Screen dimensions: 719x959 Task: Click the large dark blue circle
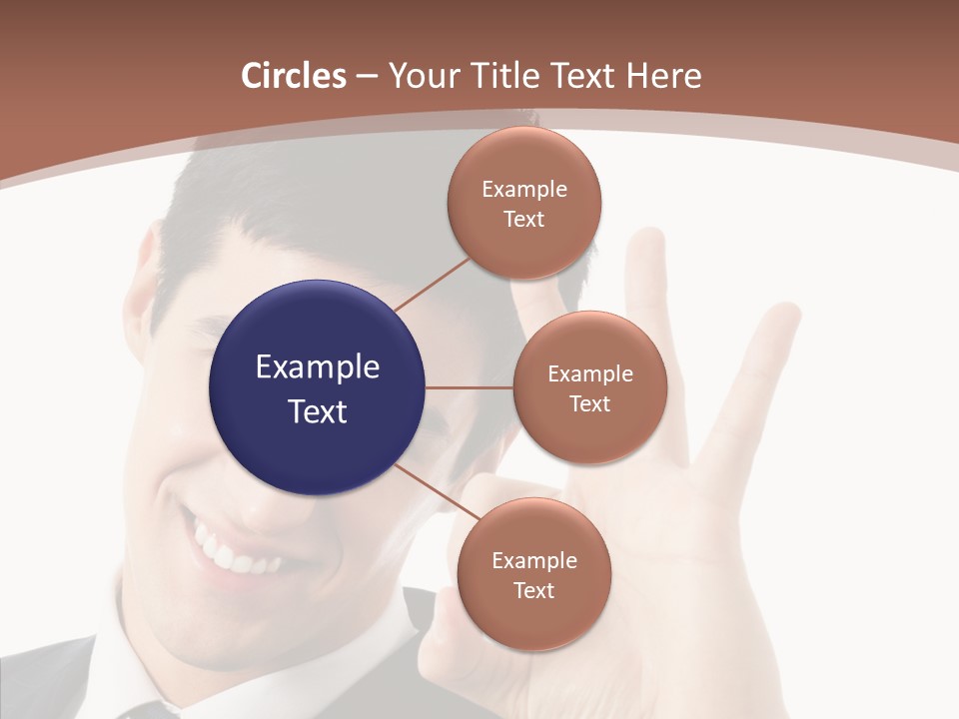(x=318, y=387)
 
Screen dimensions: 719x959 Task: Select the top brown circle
(x=523, y=203)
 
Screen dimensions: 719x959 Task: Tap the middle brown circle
(x=589, y=387)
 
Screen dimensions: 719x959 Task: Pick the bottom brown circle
(x=533, y=574)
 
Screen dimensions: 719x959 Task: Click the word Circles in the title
(x=294, y=76)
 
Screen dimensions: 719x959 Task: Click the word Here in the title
(x=664, y=76)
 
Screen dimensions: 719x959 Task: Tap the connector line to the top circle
(x=432, y=284)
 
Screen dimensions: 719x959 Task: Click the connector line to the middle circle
(x=470, y=387)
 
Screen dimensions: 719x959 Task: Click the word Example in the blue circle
(x=318, y=367)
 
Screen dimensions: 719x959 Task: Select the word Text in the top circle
(x=523, y=219)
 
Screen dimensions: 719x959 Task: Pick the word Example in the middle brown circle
(x=589, y=374)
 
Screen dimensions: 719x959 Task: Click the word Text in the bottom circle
(x=533, y=590)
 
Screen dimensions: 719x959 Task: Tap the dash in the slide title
(x=367, y=77)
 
